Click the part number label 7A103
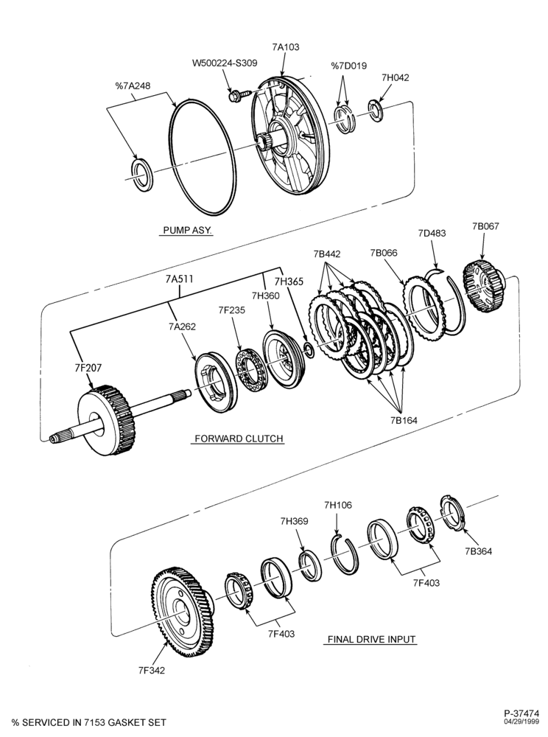pyautogui.click(x=285, y=47)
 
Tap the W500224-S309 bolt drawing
pyautogui.click(x=235, y=97)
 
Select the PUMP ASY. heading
pyautogui.click(x=187, y=230)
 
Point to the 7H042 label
pyautogui.click(x=395, y=77)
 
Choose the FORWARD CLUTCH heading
pyautogui.click(x=239, y=439)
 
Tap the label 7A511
pyautogui.click(x=180, y=279)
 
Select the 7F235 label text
pyautogui.click(x=231, y=310)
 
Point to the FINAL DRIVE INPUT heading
pyautogui.click(x=371, y=639)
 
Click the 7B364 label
pyautogui.click(x=479, y=551)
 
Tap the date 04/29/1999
pyautogui.click(x=523, y=721)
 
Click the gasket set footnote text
pyautogui.click(x=89, y=722)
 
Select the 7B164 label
pyautogui.click(x=404, y=420)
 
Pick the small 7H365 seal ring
pyautogui.click(x=309, y=349)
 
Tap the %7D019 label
pyautogui.click(x=349, y=66)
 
